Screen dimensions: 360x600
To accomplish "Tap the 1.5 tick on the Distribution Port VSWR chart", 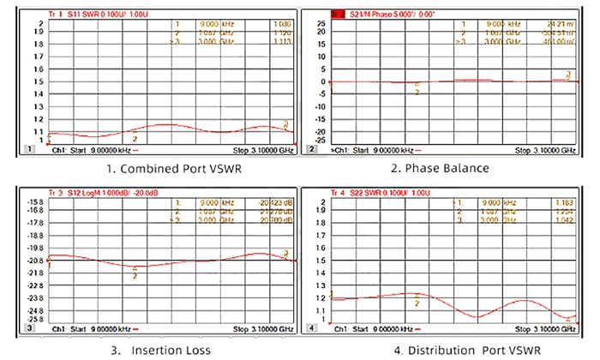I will coord(322,260).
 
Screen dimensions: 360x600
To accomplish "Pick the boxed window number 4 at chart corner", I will coord(312,328).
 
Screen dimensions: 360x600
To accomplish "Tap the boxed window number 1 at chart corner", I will coord(31,149).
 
